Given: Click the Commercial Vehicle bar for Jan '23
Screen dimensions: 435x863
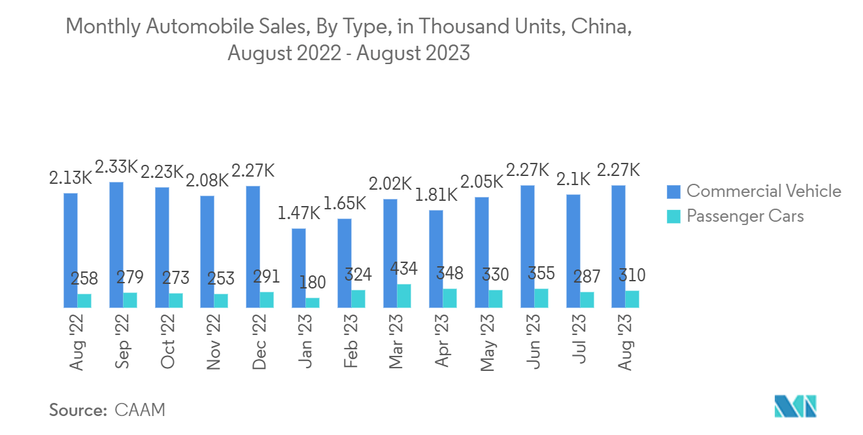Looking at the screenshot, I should [x=299, y=268].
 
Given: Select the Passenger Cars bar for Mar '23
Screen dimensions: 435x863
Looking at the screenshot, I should [x=404, y=296].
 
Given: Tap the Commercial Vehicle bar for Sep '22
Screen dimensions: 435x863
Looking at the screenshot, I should [x=116, y=245].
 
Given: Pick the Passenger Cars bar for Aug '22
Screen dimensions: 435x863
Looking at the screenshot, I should [x=84, y=301].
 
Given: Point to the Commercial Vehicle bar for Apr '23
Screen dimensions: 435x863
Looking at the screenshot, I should [x=436, y=259].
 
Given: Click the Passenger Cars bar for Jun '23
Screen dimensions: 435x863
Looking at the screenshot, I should [x=541, y=298].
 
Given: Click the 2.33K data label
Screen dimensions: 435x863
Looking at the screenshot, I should [x=116, y=167].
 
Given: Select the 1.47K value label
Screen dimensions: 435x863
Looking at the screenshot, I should [x=298, y=214].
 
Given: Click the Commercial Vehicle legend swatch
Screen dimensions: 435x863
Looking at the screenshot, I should [x=673, y=191].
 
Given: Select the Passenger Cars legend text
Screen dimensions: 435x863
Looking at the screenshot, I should [x=745, y=216].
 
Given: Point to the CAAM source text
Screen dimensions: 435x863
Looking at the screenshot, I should [x=140, y=410].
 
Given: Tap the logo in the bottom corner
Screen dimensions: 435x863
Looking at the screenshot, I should [x=796, y=407].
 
